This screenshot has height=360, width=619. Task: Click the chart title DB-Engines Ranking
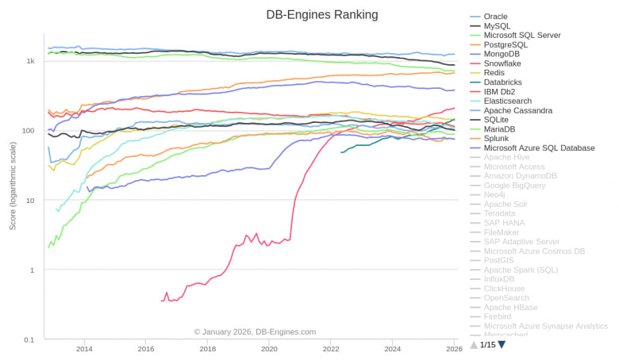point(321,14)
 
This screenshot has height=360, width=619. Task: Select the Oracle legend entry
point(495,16)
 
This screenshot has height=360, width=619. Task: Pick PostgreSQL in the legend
point(506,44)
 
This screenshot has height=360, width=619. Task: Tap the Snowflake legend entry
point(502,63)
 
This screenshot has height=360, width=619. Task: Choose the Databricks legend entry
point(504,82)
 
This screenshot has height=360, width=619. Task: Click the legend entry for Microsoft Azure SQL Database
point(539,147)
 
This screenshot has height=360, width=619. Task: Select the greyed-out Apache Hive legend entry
point(506,157)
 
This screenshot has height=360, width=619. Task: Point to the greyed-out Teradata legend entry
point(500,213)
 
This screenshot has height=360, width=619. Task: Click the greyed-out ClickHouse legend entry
point(505,289)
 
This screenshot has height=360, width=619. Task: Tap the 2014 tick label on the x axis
point(84,349)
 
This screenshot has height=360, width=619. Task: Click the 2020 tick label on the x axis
point(269,349)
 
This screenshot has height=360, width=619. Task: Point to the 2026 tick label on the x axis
point(454,349)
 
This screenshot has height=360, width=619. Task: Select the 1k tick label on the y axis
point(30,61)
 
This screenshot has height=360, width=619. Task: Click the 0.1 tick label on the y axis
point(29,339)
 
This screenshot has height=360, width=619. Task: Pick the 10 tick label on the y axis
point(30,201)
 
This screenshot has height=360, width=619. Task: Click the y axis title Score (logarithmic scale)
point(13,186)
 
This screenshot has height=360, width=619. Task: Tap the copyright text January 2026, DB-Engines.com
point(255,331)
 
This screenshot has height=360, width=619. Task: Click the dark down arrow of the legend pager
point(502,345)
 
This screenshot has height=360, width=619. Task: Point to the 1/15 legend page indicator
point(487,345)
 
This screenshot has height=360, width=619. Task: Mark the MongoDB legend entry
point(502,54)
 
